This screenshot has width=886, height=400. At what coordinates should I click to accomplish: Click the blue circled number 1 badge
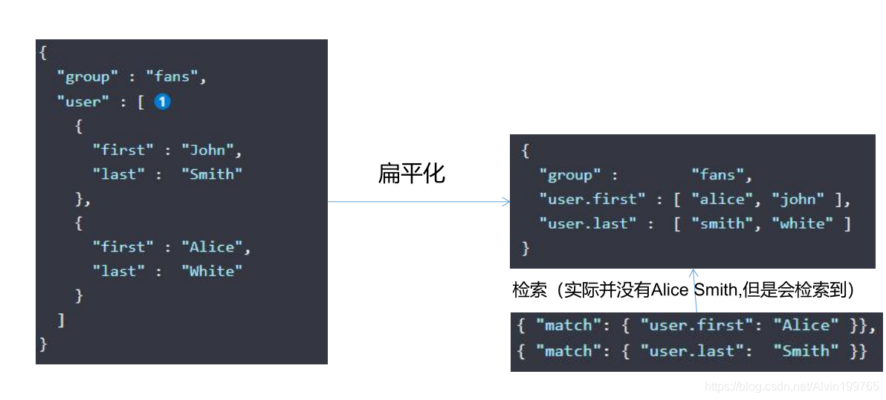tap(162, 102)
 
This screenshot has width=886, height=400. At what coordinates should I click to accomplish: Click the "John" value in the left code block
tap(212, 150)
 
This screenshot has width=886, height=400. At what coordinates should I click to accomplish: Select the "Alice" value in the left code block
tap(216, 246)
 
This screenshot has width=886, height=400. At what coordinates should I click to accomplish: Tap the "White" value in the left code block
tap(212, 271)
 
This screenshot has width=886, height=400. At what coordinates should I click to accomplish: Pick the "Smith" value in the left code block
tap(212, 174)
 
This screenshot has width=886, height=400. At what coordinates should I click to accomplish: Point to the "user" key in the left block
tap(83, 102)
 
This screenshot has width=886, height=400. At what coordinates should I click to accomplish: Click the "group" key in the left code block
tap(92, 76)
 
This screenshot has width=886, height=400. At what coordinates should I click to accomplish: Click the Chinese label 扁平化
tap(411, 174)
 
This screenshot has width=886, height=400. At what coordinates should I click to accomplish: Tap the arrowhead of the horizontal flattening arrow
tap(506, 201)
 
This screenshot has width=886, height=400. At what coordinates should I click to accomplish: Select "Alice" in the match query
tap(805, 325)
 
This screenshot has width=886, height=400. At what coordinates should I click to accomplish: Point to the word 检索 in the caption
tap(529, 290)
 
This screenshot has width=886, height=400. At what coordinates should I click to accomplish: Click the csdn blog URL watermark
tap(791, 387)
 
